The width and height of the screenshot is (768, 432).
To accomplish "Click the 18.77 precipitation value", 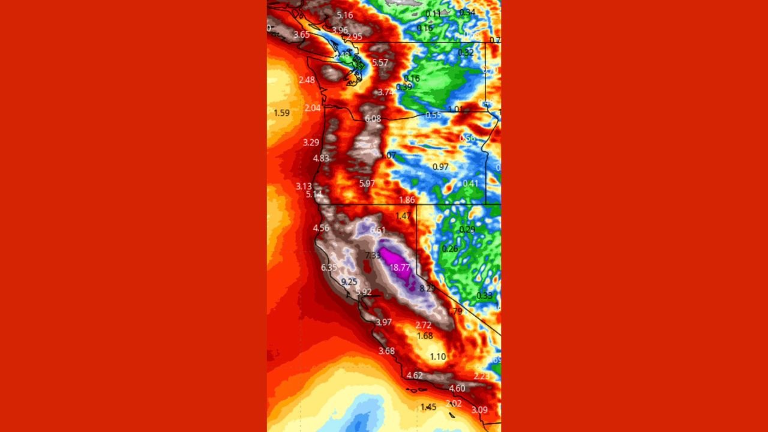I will click(400, 268).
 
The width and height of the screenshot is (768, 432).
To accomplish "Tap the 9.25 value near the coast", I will click(349, 282).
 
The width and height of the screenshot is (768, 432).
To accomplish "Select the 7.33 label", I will click(373, 256).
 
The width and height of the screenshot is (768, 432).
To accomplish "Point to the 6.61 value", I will click(378, 230).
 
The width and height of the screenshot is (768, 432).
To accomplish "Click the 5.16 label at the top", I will click(345, 15).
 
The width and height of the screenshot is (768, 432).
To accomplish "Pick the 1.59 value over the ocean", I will click(281, 113).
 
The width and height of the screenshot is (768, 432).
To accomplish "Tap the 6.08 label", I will click(373, 119).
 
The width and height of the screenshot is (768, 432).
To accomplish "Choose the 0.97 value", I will click(440, 167).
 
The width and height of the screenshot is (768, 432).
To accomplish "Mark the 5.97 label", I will click(367, 184).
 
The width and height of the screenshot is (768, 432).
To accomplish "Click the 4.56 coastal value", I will click(321, 228).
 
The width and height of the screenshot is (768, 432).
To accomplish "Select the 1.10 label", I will click(438, 356).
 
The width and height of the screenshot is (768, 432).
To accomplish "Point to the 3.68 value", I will click(386, 351).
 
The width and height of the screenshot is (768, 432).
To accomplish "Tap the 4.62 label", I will click(415, 376).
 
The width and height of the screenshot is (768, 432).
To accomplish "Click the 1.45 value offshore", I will click(428, 407).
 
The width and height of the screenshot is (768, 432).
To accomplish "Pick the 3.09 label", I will click(479, 410).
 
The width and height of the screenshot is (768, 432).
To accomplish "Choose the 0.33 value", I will click(484, 296).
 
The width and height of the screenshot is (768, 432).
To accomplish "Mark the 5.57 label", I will click(380, 63).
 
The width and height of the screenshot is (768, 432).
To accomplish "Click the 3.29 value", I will click(311, 143).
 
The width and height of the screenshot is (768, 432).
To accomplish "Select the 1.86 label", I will click(407, 200).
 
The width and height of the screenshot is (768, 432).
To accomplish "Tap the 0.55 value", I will click(433, 115).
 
